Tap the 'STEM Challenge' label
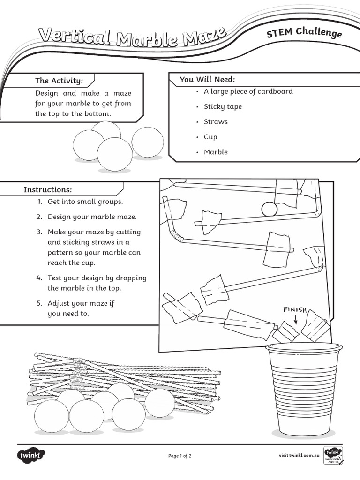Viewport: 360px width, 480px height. [304, 33]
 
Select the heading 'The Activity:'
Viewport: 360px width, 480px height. [59, 81]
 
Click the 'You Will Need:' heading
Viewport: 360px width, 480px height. [207, 79]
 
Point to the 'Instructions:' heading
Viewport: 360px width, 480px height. [48, 189]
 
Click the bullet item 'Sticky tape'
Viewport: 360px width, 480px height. [223, 106]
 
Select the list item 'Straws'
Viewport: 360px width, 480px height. [216, 121]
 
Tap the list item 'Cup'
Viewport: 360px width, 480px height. [210, 137]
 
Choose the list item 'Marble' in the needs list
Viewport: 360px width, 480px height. [216, 152]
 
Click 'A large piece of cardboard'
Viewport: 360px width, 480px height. [248, 91]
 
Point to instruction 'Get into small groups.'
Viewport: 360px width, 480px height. [85, 202]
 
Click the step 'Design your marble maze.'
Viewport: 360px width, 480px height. [92, 217]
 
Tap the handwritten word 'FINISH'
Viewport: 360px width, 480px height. [295, 309]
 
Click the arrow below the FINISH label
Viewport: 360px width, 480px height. [296, 320]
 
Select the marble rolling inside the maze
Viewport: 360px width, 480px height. [269, 209]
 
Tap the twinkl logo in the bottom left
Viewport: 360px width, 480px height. [30, 455]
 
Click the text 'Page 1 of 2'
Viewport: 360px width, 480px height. [180, 455]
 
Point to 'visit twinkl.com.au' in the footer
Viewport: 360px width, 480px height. [299, 455]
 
